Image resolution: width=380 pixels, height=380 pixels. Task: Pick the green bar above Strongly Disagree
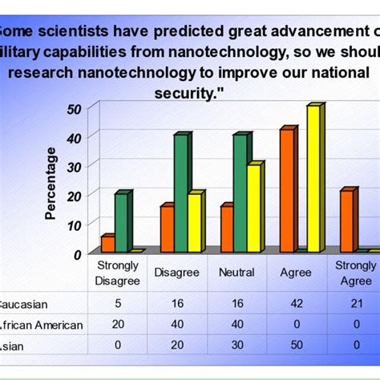click(120, 223)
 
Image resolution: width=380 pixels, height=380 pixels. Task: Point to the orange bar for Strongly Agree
click(346, 221)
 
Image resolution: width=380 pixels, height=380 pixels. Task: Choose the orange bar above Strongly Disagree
click(107, 244)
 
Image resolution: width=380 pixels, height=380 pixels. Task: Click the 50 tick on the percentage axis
click(73, 108)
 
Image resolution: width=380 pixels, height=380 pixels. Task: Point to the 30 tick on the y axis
click(73, 166)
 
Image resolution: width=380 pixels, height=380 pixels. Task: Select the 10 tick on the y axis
click(73, 224)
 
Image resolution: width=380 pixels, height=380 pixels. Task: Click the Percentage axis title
click(51, 183)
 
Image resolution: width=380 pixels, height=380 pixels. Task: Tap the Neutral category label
click(236, 273)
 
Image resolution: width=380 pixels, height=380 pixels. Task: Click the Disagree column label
click(176, 273)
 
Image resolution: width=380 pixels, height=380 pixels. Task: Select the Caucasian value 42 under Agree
click(296, 304)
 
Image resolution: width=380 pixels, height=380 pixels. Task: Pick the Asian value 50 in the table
click(296, 346)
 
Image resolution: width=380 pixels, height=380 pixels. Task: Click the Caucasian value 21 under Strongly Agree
click(355, 304)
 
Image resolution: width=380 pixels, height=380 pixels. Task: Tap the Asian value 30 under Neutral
click(236, 346)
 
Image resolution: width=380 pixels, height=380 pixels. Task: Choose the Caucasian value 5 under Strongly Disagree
click(117, 304)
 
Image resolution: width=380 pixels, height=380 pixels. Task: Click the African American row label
click(40, 325)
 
